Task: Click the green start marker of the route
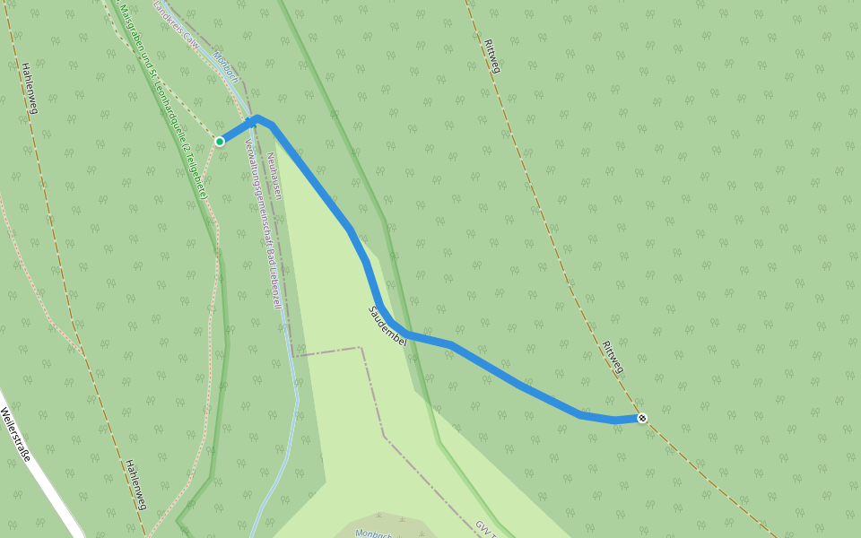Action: (x=220, y=141)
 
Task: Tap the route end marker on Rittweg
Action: (x=642, y=418)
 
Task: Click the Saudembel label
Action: (x=388, y=326)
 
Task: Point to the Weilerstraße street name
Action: (x=15, y=434)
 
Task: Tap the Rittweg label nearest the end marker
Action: (x=613, y=358)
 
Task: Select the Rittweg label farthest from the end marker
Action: (x=491, y=56)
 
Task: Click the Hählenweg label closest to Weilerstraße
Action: (x=135, y=484)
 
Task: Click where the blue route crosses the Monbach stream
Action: (x=249, y=120)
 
